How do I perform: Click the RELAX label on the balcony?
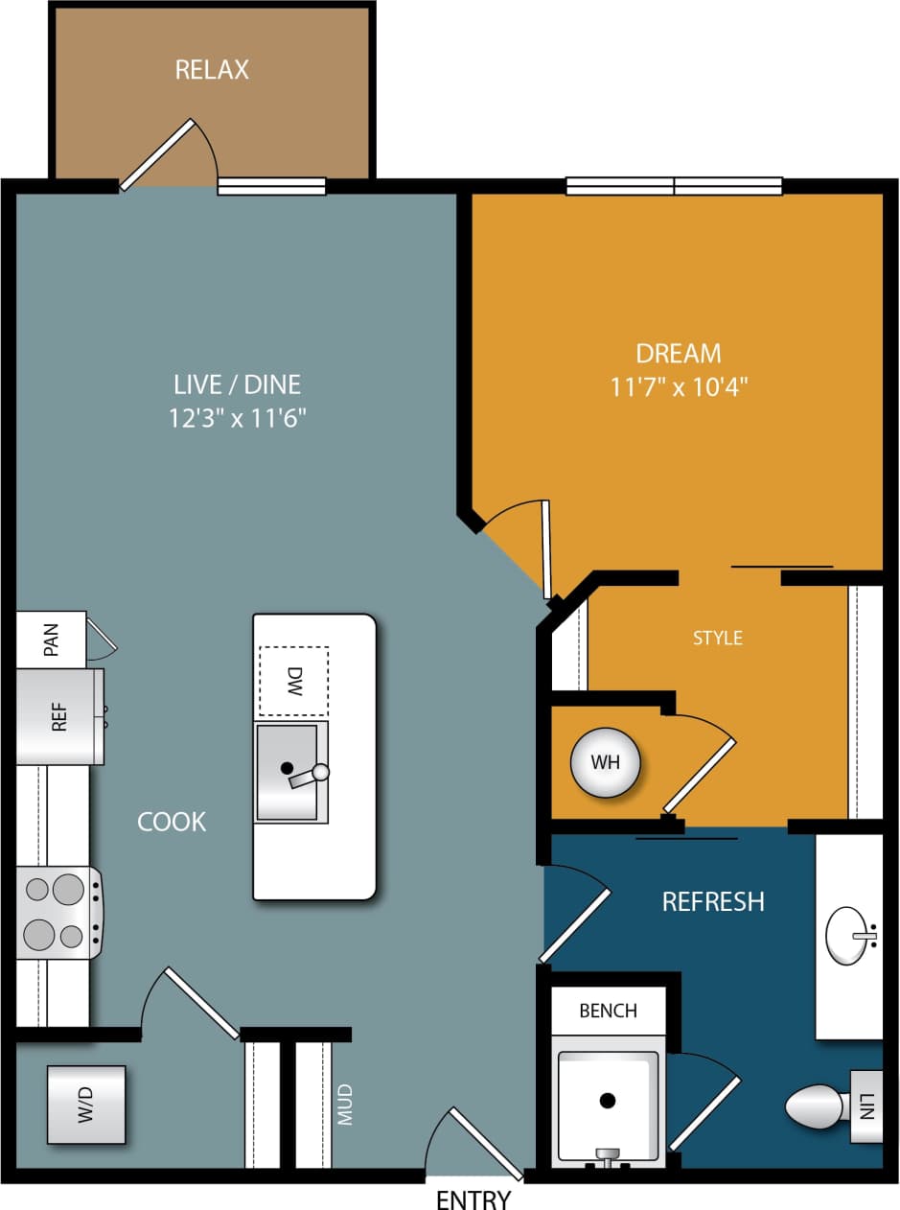coord(212,70)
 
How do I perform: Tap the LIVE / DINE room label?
coord(238,384)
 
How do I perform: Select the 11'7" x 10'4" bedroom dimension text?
coord(679,387)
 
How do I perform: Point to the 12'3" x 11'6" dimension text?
coord(238,418)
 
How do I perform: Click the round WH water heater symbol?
coord(605,763)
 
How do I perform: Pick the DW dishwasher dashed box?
coord(293,681)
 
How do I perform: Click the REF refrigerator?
coord(59,717)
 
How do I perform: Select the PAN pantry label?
coord(51,640)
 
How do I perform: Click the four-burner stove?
coord(58,913)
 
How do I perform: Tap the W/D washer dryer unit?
coord(86,1105)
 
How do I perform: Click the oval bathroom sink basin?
coord(850,934)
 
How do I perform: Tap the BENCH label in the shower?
coord(609,1011)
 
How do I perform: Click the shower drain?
coord(608,1101)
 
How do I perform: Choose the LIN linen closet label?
coord(866,1106)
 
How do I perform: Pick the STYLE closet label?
coord(718,638)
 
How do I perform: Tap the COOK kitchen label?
coord(172,822)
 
